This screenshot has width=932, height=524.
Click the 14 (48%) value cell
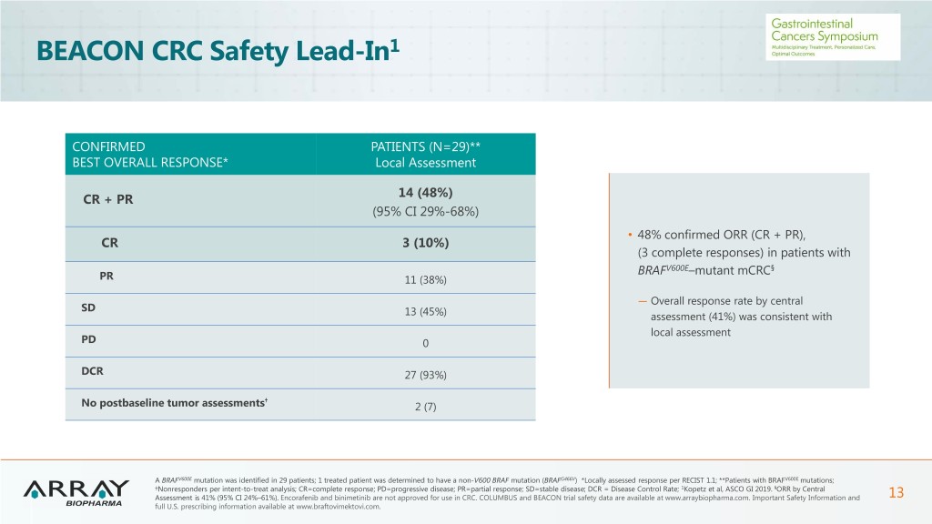coord(426,193)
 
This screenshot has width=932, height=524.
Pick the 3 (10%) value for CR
coord(426,243)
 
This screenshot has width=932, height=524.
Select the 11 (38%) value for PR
coord(426,278)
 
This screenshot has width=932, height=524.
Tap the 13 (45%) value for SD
coord(426,312)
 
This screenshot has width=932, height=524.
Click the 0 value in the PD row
coord(425,344)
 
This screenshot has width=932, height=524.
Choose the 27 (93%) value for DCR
coord(426,375)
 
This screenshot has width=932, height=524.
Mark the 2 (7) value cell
coord(426,407)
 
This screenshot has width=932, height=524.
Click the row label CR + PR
coord(107,200)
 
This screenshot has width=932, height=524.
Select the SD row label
coord(87,307)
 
